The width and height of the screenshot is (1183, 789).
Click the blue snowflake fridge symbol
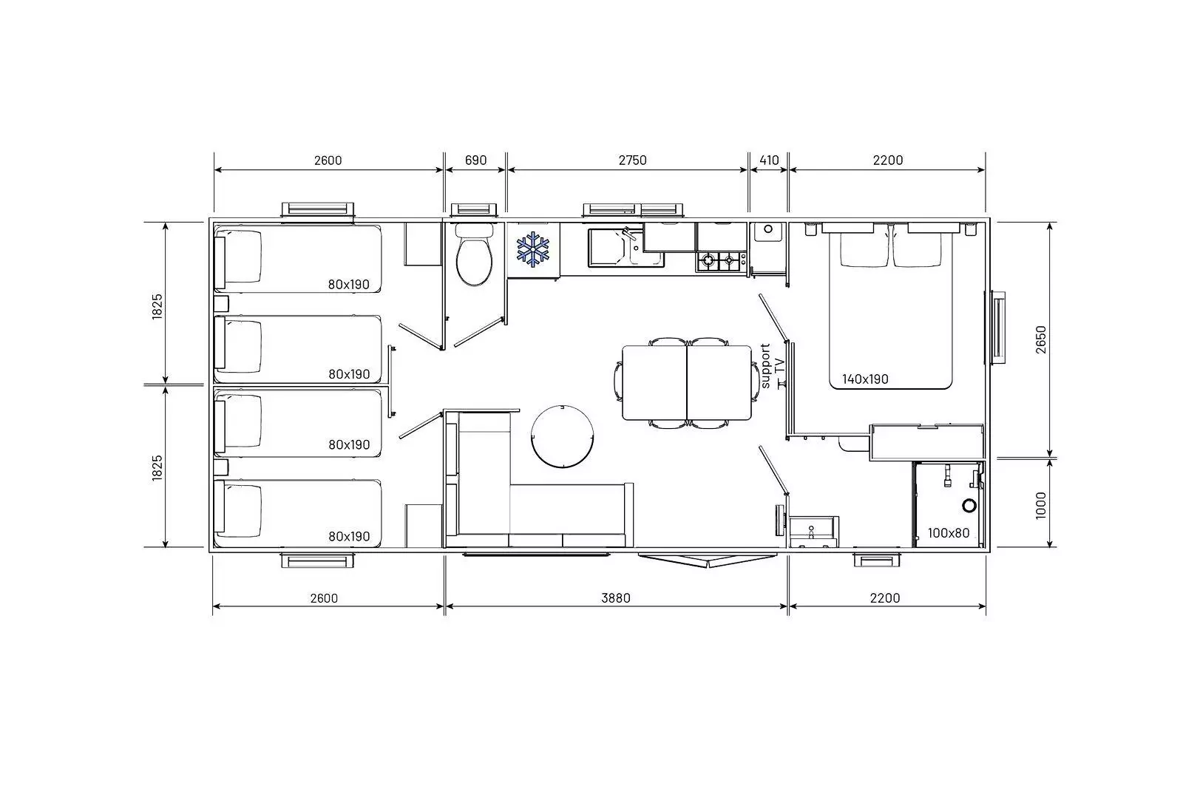coord(532,248)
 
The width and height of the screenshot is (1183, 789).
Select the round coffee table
coord(562,436)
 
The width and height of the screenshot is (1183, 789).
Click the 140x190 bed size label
coord(865,379)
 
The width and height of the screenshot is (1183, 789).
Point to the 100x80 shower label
coord(949,533)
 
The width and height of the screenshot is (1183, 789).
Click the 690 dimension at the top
coord(475,160)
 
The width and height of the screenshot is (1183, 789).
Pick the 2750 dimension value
coord(632,160)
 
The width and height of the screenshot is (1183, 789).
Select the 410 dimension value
coord(769,160)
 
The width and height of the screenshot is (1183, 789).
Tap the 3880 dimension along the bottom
coord(616,597)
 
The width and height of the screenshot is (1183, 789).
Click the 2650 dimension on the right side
coord(1041,339)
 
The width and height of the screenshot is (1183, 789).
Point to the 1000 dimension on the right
coord(1041,505)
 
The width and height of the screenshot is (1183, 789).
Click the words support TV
coord(772,366)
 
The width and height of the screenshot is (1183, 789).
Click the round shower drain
coord(969,505)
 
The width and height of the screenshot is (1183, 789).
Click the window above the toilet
coord(473,210)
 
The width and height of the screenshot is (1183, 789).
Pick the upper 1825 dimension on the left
coord(157,306)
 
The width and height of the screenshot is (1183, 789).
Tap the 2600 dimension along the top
coord(328,160)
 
